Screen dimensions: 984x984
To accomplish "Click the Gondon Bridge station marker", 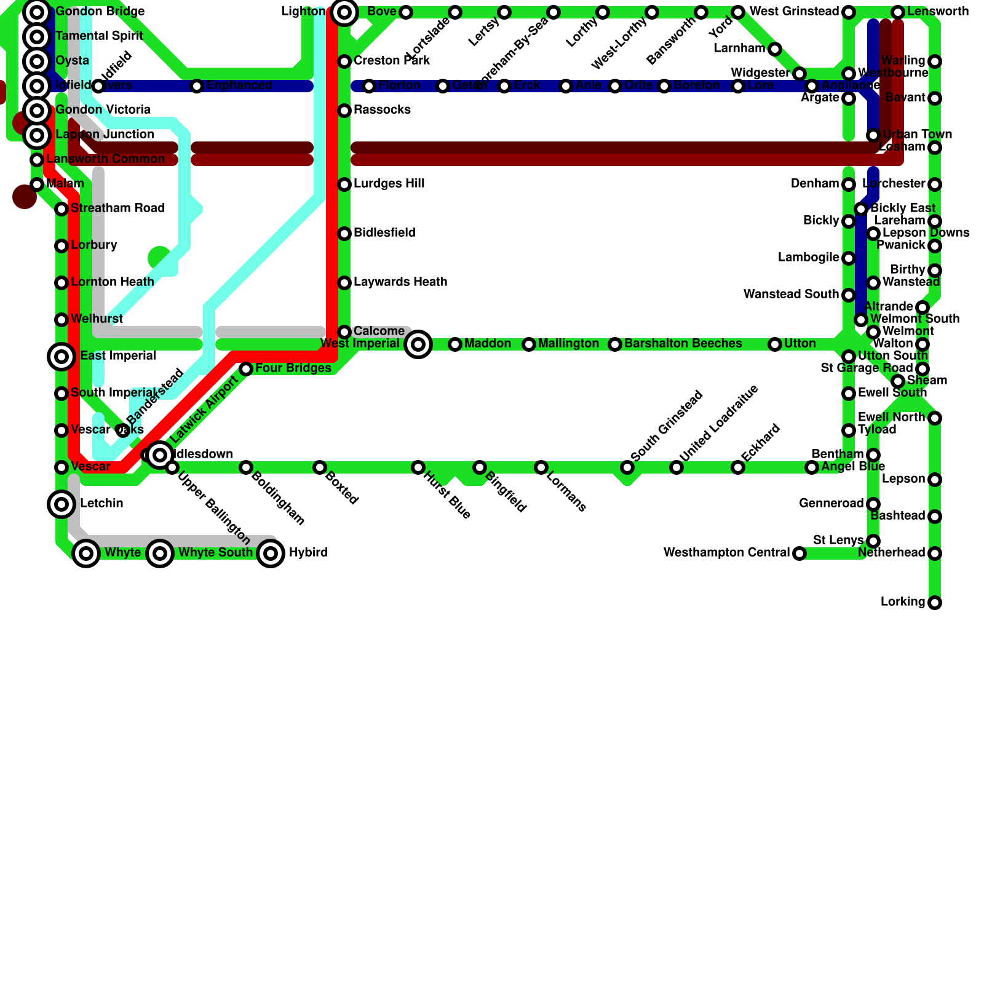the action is (x=37, y=12).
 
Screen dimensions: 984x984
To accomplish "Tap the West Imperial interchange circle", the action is (x=418, y=344).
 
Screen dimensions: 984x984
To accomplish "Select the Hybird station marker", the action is (x=271, y=553).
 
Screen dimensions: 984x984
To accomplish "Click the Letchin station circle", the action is (x=61, y=504).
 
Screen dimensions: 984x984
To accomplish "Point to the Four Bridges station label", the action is (x=293, y=368).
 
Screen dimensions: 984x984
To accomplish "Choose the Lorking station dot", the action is (x=935, y=603).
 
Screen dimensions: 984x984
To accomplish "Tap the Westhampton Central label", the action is (x=726, y=553).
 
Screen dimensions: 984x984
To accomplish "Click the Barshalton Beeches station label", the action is (x=683, y=344).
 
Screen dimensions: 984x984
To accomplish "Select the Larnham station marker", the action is (x=775, y=49).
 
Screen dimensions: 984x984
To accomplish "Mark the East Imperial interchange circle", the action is (x=61, y=356).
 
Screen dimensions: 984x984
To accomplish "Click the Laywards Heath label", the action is (x=400, y=282).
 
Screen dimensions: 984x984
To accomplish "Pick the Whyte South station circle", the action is (x=160, y=553).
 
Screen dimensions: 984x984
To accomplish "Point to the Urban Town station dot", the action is (x=873, y=135).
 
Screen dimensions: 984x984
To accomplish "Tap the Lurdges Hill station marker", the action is (x=344, y=184).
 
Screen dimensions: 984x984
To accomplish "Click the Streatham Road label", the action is (x=117, y=208).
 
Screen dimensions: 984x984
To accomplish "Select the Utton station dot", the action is (x=775, y=344).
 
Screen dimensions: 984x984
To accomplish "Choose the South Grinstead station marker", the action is (x=627, y=467).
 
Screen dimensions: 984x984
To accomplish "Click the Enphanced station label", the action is (x=239, y=85).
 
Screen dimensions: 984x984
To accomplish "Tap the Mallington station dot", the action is (x=529, y=344).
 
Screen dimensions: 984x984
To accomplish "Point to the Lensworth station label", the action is (x=938, y=12).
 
